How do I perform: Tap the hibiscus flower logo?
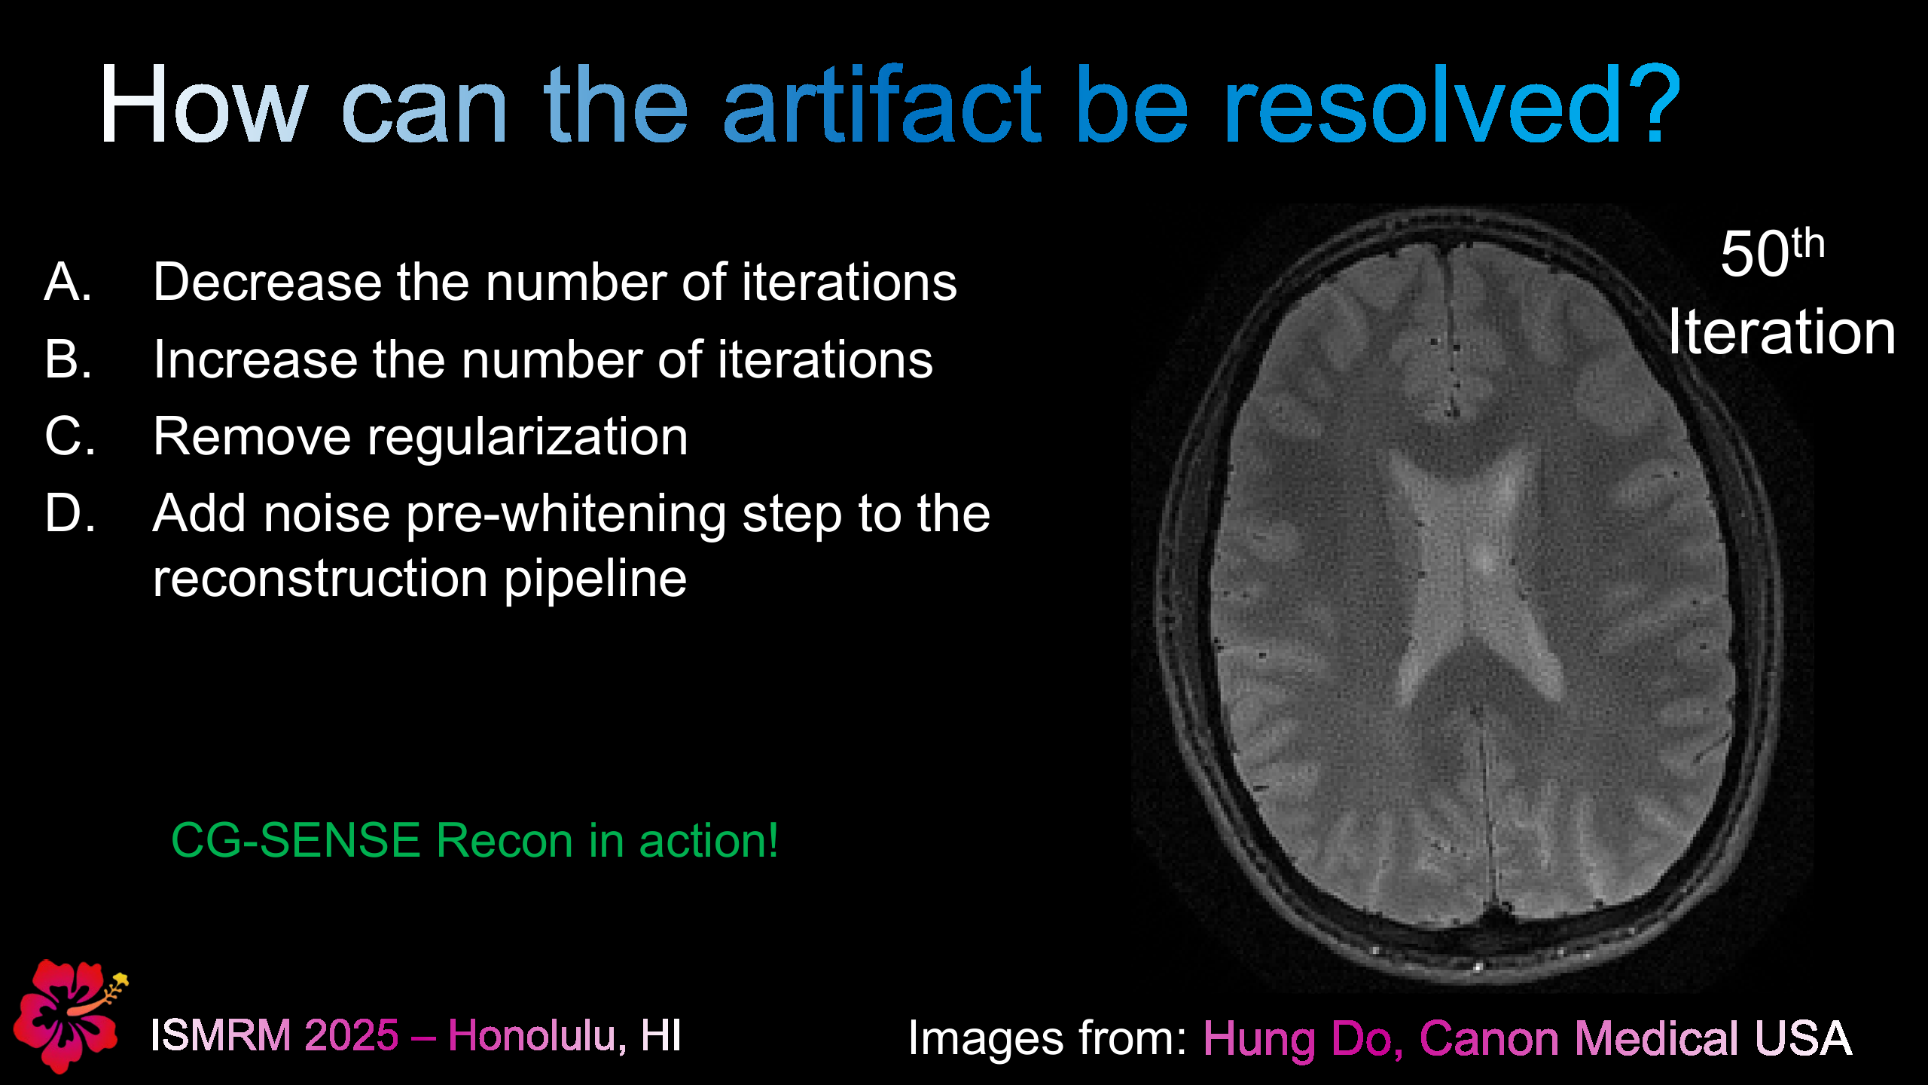68,1014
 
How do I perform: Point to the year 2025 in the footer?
351,1035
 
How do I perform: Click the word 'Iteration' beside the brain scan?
1781,332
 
